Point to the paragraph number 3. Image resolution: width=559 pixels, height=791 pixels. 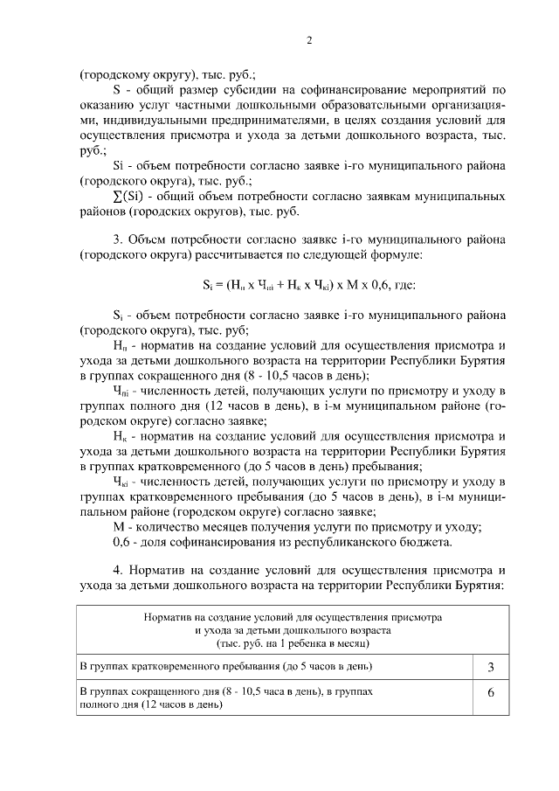tap(117, 239)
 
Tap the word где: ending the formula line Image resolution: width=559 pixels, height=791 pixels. tap(404, 285)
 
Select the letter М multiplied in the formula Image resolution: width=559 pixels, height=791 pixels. tap(351, 285)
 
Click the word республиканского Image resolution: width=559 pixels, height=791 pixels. tap(350, 544)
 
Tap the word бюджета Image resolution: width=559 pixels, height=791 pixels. tap(427, 544)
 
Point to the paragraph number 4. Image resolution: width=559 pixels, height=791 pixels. tap(117, 570)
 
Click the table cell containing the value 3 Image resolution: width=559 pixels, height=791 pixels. tap(491, 669)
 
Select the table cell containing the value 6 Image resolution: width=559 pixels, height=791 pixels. tap(491, 697)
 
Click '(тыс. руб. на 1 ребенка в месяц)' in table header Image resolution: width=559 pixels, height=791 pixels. tap(293, 642)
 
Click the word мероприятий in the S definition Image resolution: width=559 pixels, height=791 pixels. tap(452, 89)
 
